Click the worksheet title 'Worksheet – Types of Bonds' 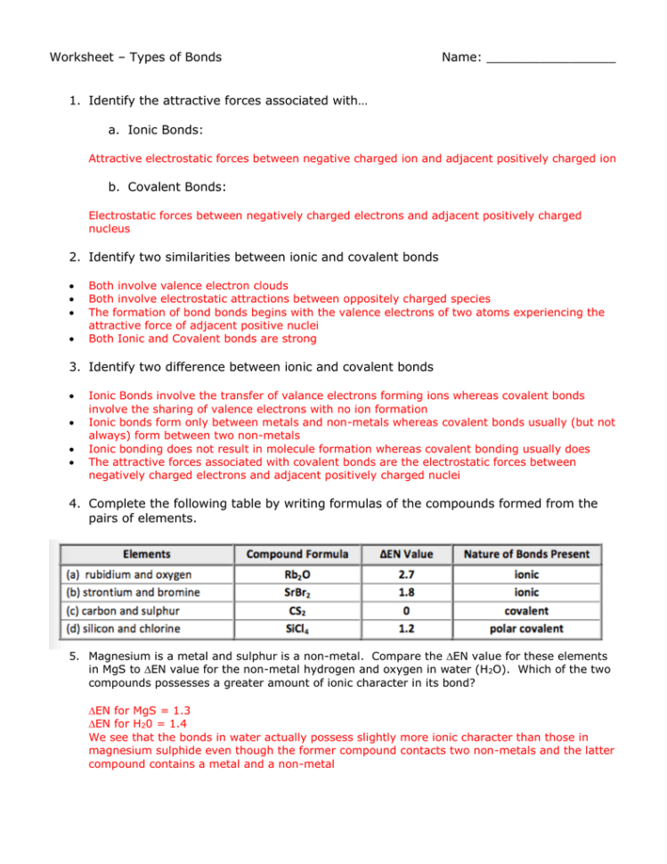(x=135, y=57)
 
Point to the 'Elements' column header (x=147, y=554)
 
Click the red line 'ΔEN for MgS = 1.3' (x=139, y=712)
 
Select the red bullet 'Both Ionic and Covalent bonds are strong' (x=202, y=339)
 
